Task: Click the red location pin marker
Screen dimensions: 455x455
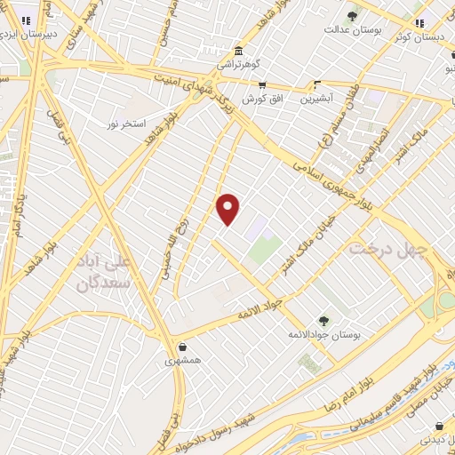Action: pos(228,208)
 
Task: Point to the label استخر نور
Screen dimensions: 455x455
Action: pos(127,119)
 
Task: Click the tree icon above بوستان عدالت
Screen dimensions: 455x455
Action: pos(353,15)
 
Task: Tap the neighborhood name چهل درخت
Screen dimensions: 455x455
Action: pos(385,249)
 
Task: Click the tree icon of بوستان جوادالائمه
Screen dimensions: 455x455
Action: pos(323,321)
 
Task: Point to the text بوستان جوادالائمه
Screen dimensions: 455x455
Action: pos(323,335)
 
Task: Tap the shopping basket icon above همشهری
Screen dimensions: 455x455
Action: pos(182,347)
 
